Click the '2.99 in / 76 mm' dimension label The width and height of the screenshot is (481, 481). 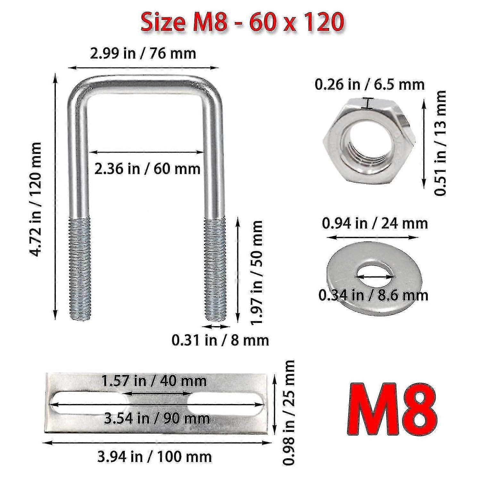coord(143,53)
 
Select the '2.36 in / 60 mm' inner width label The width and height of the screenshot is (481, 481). coord(147,168)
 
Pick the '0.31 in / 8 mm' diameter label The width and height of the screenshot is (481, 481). coord(220,340)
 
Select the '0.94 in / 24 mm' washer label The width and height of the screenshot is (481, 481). coord(375,223)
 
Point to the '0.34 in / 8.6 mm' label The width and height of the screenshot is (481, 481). coord(373,295)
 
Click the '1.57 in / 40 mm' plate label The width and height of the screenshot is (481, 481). coord(154,381)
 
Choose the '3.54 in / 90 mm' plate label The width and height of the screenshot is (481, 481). coord(156,418)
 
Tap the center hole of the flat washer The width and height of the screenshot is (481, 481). coord(374,275)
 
